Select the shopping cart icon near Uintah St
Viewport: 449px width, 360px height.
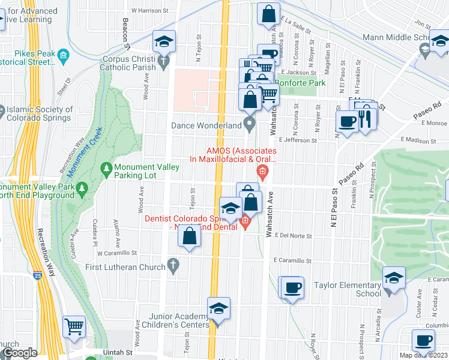[x=74, y=327]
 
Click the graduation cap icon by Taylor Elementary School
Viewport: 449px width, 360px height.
[x=394, y=278]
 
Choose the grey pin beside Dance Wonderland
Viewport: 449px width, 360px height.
[x=250, y=125]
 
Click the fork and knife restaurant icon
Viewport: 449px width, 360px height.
[x=367, y=119]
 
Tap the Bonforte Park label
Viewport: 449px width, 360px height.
[x=295, y=82]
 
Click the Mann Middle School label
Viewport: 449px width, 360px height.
[x=396, y=38]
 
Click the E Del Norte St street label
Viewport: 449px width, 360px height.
[x=294, y=236]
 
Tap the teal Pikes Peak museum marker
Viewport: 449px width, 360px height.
[x=63, y=56]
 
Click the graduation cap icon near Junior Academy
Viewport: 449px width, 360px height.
[x=219, y=309]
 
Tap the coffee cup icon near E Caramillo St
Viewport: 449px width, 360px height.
[x=293, y=289]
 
